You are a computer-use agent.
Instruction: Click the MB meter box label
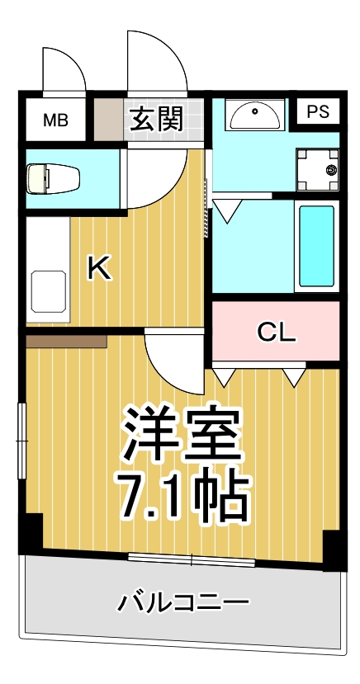56,120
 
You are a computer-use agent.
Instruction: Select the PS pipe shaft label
318,113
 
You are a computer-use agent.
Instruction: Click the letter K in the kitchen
100,269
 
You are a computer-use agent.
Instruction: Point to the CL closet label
276,332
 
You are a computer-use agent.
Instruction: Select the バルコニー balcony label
182,602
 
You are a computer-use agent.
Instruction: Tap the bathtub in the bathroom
316,245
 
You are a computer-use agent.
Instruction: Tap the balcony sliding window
192,560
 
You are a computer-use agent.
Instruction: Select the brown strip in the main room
66,339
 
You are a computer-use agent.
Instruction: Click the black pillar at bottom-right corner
332,550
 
